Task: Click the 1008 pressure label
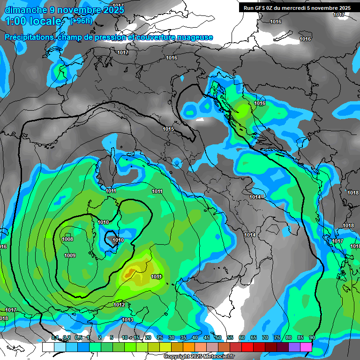click(x=67, y=240)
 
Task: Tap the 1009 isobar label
click(x=70, y=255)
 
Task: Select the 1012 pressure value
click(x=119, y=305)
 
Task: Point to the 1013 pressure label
click(x=127, y=320)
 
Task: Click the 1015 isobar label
click(x=168, y=129)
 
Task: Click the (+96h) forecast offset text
click(x=82, y=21)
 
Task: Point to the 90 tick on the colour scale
click(x=312, y=338)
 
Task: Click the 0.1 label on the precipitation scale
click(x=55, y=338)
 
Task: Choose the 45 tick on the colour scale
click(x=207, y=338)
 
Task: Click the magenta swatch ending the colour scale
click(x=306, y=347)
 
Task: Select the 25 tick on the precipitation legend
click(x=160, y=338)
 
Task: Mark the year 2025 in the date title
click(x=111, y=10)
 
